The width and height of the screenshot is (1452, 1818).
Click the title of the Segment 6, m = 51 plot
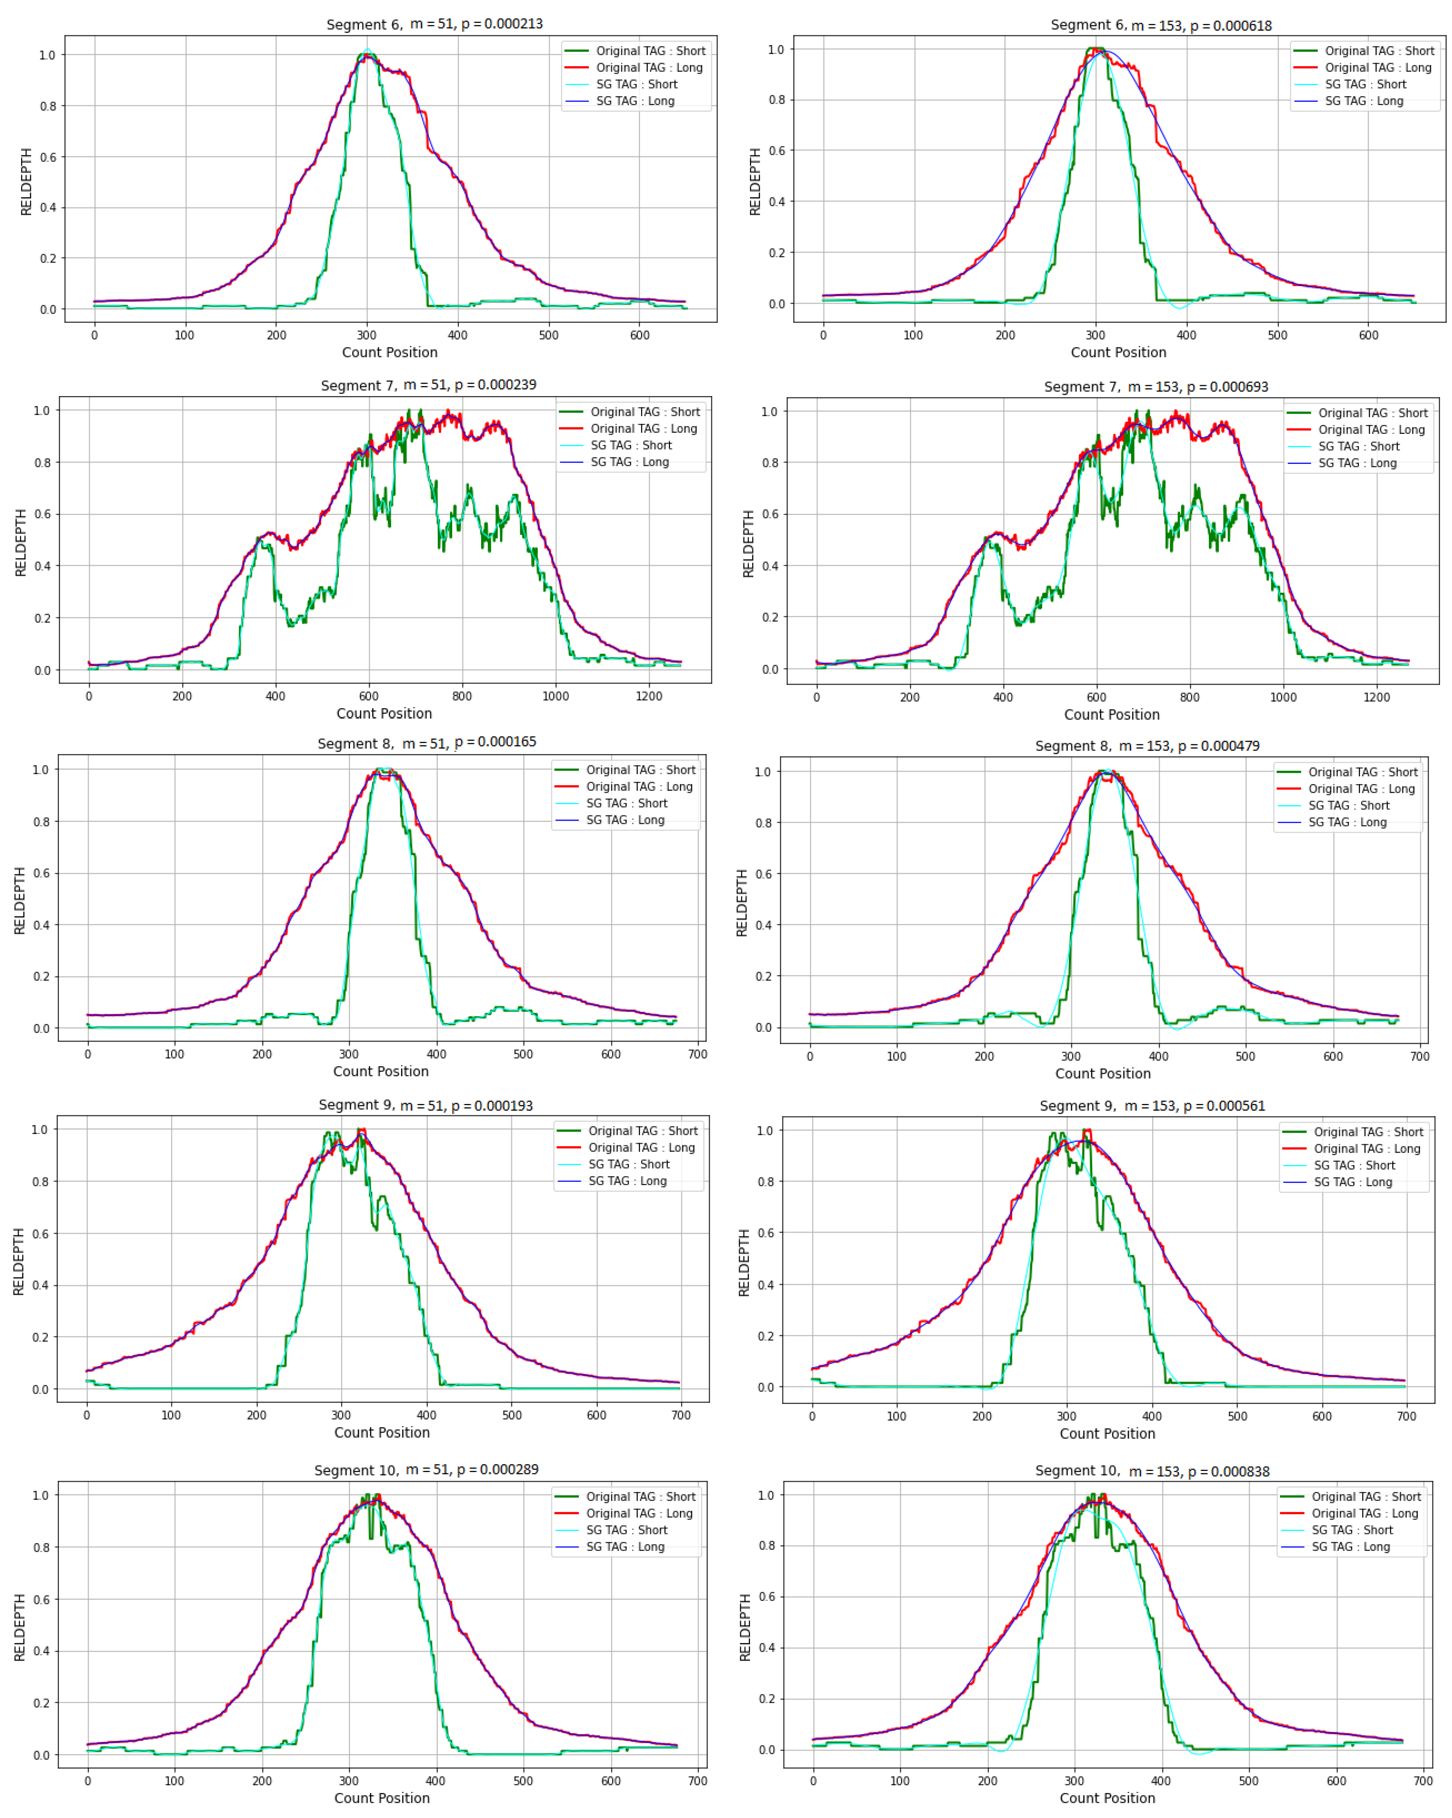tap(434, 24)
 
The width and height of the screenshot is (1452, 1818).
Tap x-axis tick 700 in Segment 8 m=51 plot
tap(697, 1054)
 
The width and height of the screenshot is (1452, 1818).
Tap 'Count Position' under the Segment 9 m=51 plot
tap(382, 1432)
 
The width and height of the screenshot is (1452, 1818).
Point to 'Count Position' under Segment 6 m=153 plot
tap(1118, 352)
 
